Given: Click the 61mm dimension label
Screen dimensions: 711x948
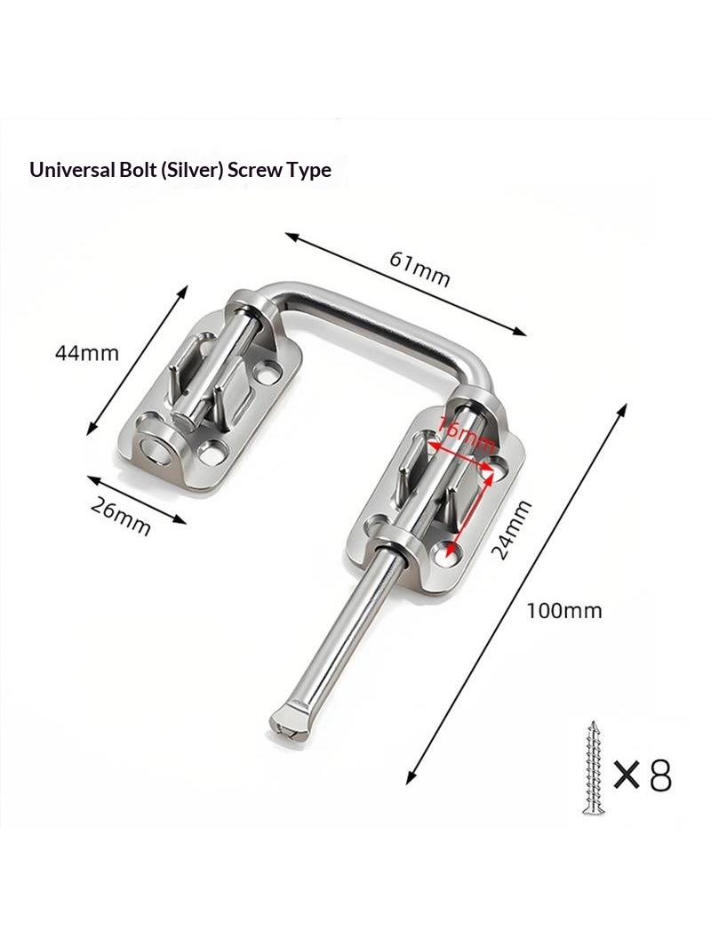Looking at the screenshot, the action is pyautogui.click(x=419, y=269).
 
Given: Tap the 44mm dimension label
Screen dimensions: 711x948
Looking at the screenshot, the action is pyautogui.click(x=87, y=352).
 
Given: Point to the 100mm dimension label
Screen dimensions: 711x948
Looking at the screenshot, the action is pyautogui.click(x=563, y=611).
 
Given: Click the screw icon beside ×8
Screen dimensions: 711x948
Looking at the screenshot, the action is pyautogui.click(x=593, y=767).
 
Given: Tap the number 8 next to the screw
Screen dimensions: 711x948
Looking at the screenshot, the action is pyautogui.click(x=659, y=775).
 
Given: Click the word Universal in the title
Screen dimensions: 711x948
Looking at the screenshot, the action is pyautogui.click(x=70, y=170).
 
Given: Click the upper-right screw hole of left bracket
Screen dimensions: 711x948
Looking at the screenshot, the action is pyautogui.click(x=267, y=370).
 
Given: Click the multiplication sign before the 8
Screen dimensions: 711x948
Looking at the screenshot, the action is pyautogui.click(x=627, y=775).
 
